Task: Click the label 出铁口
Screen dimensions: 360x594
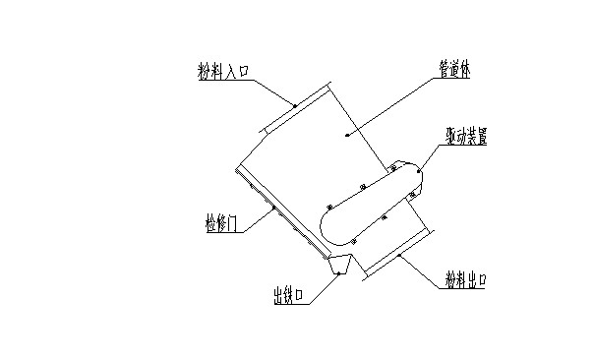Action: [292, 295]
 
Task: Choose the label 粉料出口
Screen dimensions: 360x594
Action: [465, 281]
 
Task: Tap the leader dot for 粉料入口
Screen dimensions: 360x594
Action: [293, 103]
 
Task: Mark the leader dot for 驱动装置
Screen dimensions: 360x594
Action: [419, 171]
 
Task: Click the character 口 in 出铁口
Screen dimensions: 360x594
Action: [306, 295]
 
